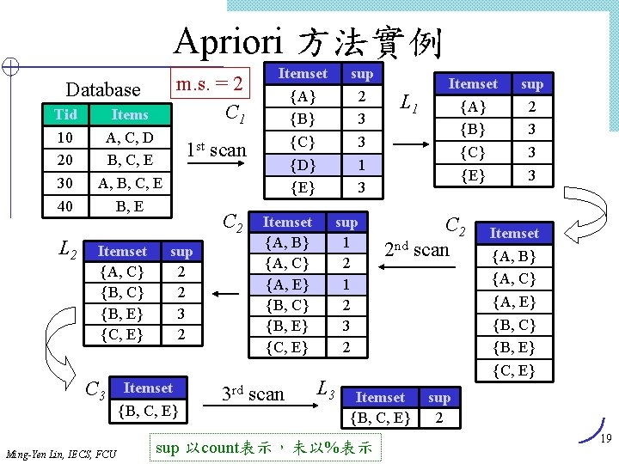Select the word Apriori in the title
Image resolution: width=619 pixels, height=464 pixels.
click(231, 40)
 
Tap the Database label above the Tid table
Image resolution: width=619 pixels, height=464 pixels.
click(103, 89)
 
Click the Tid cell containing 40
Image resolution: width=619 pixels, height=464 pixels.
click(65, 205)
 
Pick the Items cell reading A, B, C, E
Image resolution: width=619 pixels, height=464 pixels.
click(130, 182)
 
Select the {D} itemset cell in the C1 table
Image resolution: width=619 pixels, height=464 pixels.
click(302, 164)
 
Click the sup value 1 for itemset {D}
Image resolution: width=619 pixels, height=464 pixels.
click(362, 164)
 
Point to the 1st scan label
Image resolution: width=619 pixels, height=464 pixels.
click(218, 150)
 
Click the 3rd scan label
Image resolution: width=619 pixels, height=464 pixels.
click(253, 394)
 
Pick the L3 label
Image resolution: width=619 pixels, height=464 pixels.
click(326, 388)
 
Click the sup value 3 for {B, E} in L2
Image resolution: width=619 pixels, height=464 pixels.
click(181, 313)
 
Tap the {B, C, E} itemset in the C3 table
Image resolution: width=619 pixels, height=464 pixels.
click(147, 412)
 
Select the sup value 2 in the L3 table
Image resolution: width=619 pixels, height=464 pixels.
click(439, 418)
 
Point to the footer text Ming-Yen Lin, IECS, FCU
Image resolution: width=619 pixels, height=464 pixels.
click(61, 453)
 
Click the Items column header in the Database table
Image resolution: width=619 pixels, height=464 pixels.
click(130, 115)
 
